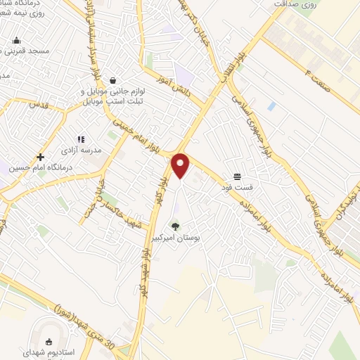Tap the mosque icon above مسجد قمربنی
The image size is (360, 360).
[16, 40]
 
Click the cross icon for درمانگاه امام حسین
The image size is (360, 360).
[41, 157]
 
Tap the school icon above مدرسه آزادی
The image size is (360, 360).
[80, 139]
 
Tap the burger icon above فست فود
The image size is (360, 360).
[238, 176]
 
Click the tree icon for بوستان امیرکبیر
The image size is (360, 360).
[175, 226]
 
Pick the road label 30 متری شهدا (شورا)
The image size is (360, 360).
[84, 312]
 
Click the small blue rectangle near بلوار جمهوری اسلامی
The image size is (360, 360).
[271, 106]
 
